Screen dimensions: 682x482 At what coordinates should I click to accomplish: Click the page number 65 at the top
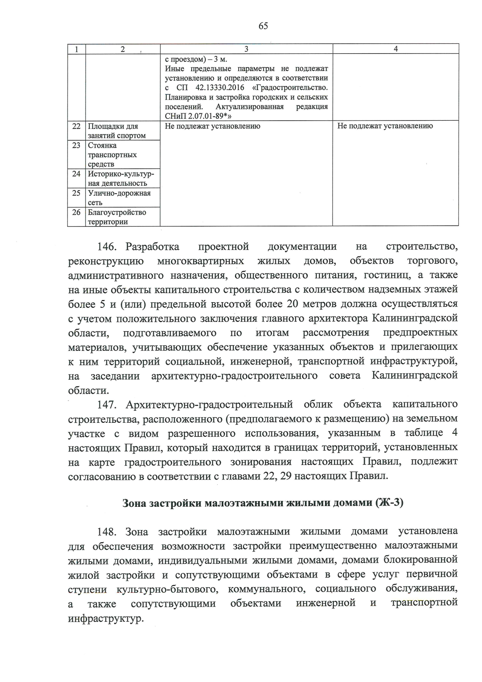263,26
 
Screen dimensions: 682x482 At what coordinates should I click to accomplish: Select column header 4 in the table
396,49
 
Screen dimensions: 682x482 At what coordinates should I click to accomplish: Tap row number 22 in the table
76,126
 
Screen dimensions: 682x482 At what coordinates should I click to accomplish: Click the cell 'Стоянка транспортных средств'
112,155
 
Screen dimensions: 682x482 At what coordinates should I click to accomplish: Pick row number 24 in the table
76,174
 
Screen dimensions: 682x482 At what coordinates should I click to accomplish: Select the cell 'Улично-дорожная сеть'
119,198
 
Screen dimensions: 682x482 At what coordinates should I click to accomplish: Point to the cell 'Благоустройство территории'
117,217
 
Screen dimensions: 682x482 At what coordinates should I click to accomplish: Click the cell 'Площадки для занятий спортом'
116,131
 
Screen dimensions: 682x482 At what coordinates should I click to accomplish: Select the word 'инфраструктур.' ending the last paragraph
106,619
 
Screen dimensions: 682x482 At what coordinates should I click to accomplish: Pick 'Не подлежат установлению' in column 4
385,126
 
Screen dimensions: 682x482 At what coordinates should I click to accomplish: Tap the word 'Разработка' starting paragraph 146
153,246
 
